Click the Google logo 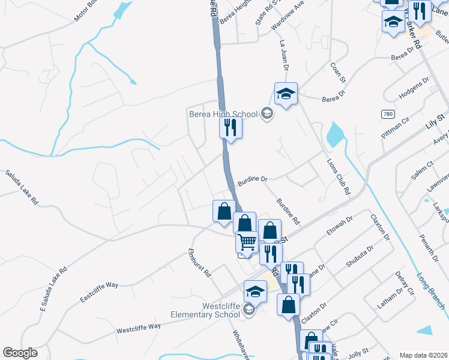[20, 353]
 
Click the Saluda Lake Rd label [22, 188]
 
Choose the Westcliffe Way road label [139, 328]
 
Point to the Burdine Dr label [252, 179]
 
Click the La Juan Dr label [286, 55]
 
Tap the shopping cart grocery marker [247, 242]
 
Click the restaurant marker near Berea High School [231, 127]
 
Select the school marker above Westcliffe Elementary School [255, 292]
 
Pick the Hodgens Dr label [414, 87]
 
